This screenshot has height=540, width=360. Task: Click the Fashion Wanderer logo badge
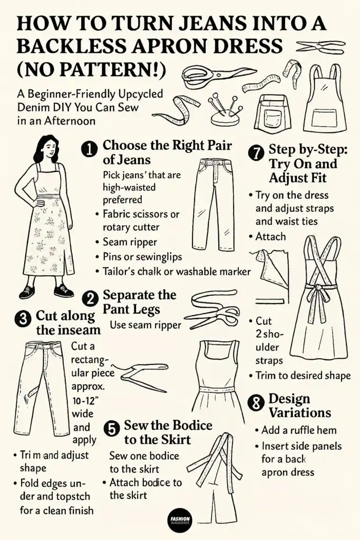(x=180, y=522)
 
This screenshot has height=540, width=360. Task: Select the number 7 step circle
(x=256, y=153)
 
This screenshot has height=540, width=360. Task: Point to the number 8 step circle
(x=256, y=404)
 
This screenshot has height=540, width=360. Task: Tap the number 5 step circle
(x=112, y=429)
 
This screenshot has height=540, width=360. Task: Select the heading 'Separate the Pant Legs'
(x=139, y=302)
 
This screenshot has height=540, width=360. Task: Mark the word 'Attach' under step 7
(x=270, y=237)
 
